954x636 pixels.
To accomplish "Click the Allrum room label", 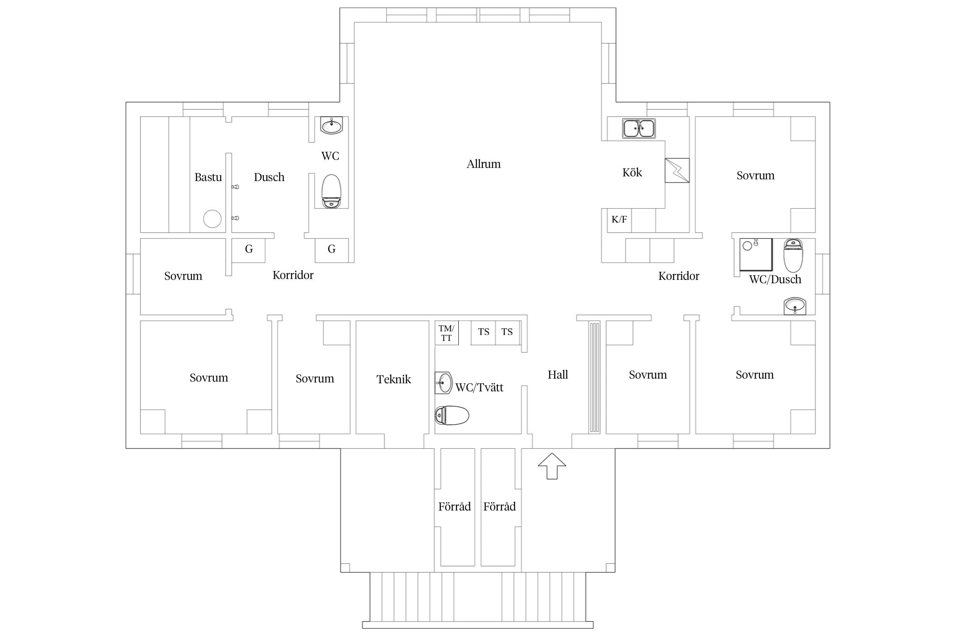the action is click(483, 164).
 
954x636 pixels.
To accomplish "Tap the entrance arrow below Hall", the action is click(552, 466).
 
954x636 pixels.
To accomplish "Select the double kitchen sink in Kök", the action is click(639, 128).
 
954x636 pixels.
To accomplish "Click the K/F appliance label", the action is click(619, 219).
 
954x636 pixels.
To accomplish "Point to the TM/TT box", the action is click(446, 333).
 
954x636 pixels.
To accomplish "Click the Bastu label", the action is click(208, 177).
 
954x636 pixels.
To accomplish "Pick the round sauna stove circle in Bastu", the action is click(212, 219).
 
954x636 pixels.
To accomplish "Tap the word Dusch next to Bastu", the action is click(269, 177).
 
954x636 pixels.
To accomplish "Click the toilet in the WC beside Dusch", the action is click(331, 191).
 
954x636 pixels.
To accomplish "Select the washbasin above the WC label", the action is click(331, 126).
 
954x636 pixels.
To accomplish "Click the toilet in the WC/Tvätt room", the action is click(452, 416).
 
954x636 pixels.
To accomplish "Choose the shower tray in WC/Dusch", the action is click(756, 255).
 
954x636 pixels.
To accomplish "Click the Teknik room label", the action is click(393, 379).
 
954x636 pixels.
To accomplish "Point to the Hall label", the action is click(558, 375).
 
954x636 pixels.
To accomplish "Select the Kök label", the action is click(632, 173).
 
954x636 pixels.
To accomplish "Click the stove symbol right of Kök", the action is click(677, 170).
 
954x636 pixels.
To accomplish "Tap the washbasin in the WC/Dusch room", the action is click(795, 306).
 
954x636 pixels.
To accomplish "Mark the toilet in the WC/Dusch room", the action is click(793, 256).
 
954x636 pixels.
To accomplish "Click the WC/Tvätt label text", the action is click(480, 388).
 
